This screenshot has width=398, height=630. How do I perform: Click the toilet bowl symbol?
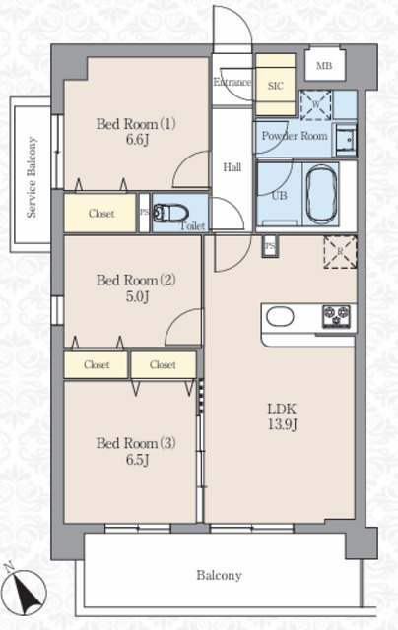click(170, 213)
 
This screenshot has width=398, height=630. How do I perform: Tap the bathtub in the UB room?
click(321, 195)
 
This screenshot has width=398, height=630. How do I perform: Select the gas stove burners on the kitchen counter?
click(336, 316)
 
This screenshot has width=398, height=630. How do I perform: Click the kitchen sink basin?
click(280, 316)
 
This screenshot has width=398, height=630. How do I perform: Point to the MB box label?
click(324, 66)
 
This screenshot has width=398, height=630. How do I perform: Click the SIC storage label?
click(276, 86)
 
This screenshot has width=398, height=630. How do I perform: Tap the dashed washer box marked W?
click(315, 105)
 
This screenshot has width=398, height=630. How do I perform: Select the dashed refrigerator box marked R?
click(340, 252)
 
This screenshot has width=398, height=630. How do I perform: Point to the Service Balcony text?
click(32, 177)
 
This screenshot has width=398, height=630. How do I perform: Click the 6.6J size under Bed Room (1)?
click(138, 140)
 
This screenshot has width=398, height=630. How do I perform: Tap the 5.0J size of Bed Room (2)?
click(138, 296)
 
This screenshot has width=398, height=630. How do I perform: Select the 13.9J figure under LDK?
click(282, 424)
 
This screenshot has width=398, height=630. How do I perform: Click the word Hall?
click(232, 167)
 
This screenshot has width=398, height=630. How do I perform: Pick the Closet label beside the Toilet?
click(101, 214)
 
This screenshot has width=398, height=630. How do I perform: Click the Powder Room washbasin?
click(345, 141)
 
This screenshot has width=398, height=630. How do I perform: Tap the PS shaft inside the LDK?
click(270, 245)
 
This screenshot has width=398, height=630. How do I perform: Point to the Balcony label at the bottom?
click(219, 575)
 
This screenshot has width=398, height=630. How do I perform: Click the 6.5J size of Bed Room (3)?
click(138, 460)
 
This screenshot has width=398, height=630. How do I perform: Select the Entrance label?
click(232, 82)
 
